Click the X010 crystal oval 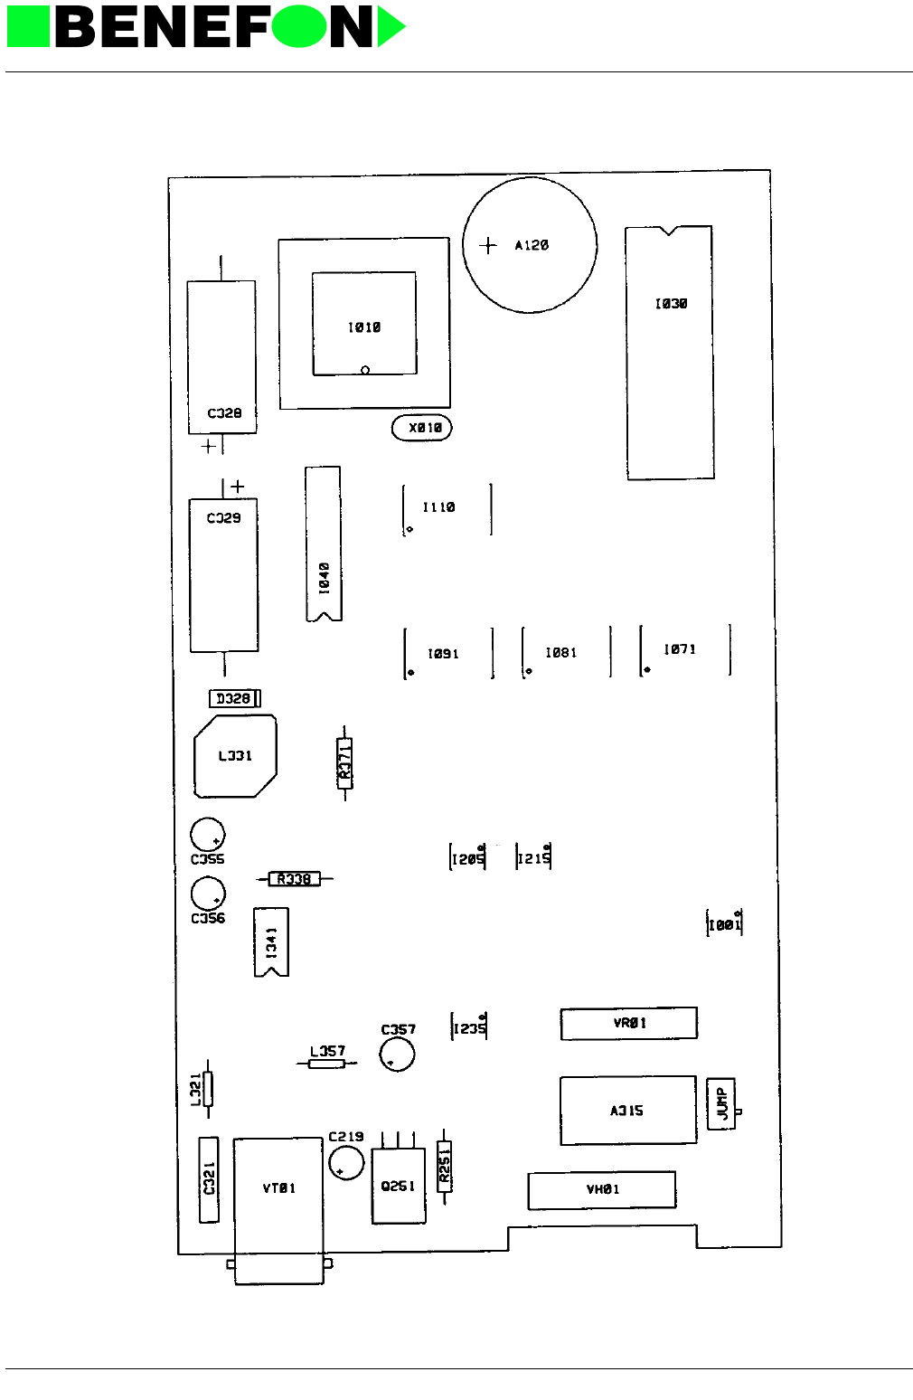coord(421,428)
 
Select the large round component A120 coord(530,245)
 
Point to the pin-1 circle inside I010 coord(365,370)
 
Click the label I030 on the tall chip coord(671,304)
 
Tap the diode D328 coord(234,698)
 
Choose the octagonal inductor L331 coord(235,756)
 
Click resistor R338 coord(295,878)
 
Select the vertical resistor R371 coord(344,762)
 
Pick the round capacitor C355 coord(207,835)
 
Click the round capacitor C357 coord(397,1054)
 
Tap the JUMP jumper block coord(721,1103)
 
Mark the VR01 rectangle coord(629,1023)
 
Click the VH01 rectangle coord(602,1189)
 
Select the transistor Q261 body coord(399,1186)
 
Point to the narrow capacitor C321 coord(209,1180)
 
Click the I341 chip coord(271,942)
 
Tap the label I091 coord(443,653)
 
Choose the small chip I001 coord(724,924)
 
